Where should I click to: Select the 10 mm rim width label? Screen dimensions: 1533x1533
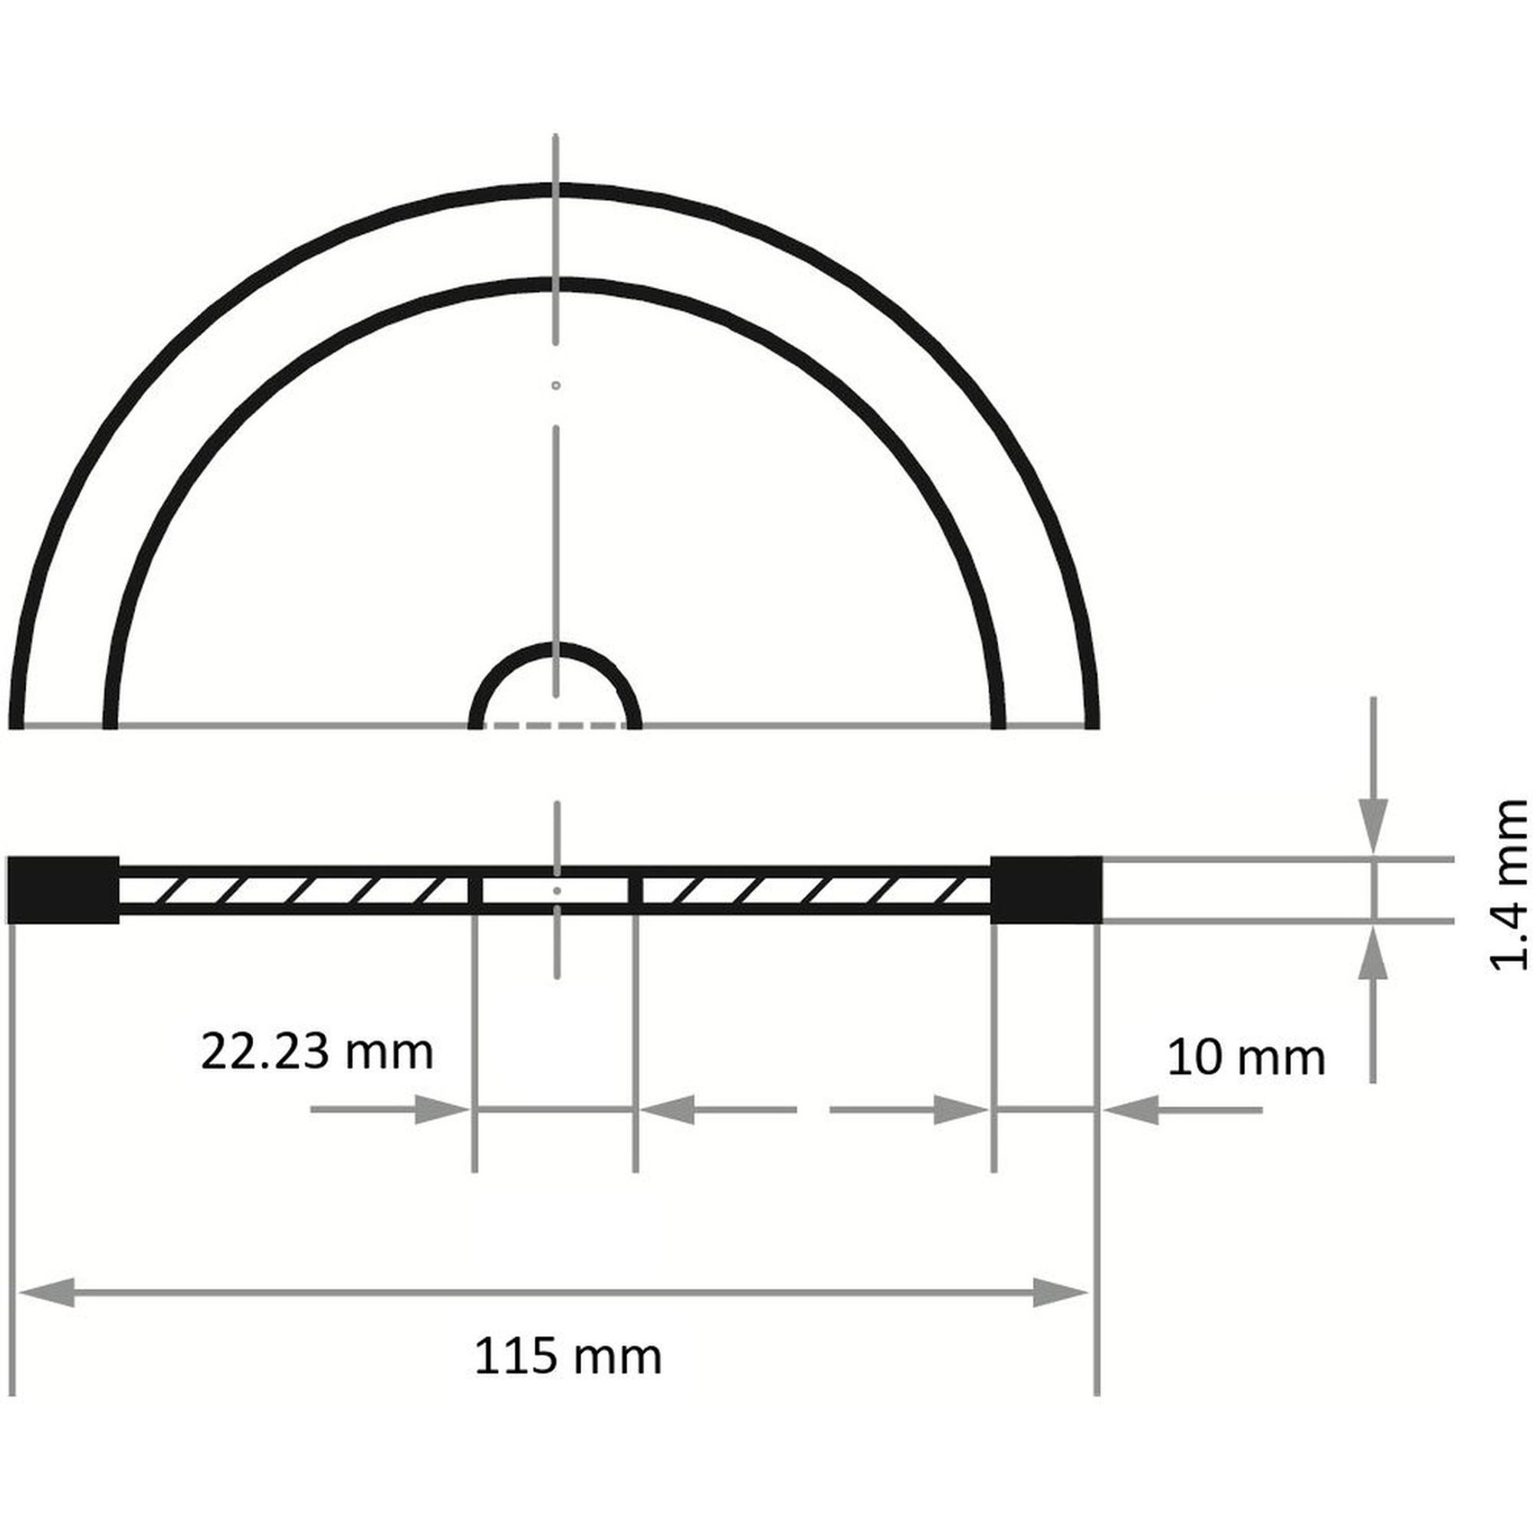coord(1246,1058)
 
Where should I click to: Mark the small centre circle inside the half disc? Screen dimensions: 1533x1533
coord(556,386)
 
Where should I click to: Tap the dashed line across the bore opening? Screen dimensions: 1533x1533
coord(556,724)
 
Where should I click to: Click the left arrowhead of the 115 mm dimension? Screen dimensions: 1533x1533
coord(46,1292)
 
